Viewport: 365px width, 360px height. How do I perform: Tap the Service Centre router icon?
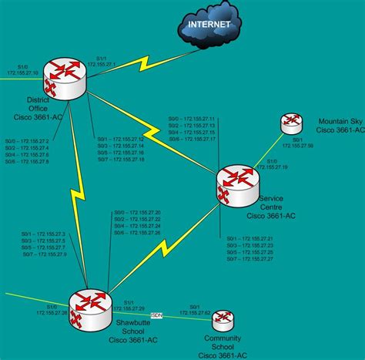click(232, 180)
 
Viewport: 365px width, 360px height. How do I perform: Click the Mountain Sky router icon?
click(291, 121)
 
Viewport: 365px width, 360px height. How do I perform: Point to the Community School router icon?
click(223, 320)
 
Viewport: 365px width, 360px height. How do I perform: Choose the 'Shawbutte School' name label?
click(129, 328)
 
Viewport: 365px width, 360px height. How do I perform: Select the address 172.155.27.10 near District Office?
click(22, 72)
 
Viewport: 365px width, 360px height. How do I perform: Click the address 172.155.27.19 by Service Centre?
click(274, 167)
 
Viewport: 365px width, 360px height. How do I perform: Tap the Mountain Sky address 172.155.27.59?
click(296, 145)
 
